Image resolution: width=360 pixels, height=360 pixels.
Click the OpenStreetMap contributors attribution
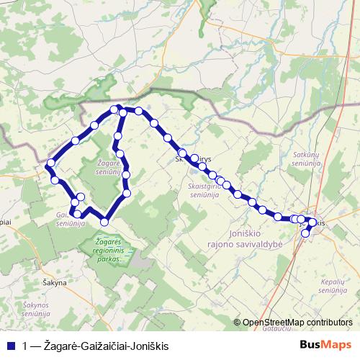[297, 323]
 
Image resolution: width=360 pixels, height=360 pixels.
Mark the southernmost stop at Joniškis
[305, 233]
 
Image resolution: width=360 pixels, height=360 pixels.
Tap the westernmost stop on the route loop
[50, 166]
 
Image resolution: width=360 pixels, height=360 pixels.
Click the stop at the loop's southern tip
[104, 221]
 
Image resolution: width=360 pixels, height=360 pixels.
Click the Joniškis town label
[317, 223]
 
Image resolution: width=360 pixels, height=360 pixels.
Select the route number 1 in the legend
[26, 345]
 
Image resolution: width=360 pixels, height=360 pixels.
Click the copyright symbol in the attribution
[238, 323]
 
